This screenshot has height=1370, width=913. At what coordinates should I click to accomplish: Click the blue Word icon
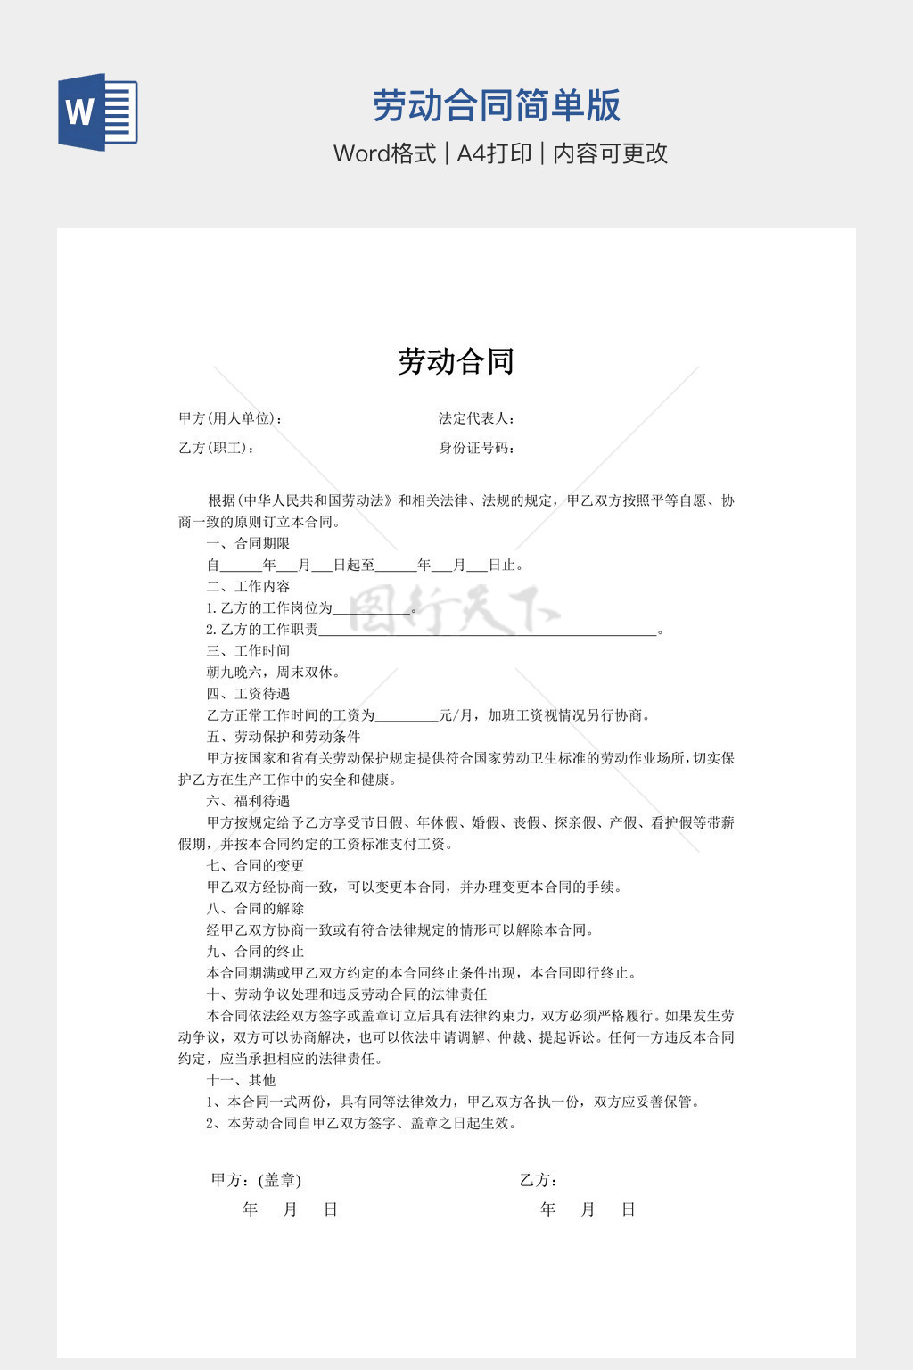point(97,111)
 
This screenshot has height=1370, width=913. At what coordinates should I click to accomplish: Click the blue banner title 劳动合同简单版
point(496,105)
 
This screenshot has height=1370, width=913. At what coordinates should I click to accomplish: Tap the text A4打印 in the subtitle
point(494,153)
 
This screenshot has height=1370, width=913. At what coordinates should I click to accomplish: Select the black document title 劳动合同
point(456,361)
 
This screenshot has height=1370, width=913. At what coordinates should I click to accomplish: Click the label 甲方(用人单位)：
point(231,418)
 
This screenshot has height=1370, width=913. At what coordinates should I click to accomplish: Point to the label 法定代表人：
point(477,418)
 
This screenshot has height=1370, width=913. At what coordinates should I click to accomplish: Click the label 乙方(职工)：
point(217,448)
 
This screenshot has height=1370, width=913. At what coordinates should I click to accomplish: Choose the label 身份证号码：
point(477,448)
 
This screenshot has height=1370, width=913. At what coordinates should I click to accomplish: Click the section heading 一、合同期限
point(248,543)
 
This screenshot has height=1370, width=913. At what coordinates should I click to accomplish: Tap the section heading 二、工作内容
point(248,586)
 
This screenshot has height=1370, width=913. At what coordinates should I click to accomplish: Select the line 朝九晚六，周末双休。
point(274,672)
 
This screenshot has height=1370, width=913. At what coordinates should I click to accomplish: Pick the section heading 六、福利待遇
point(248,801)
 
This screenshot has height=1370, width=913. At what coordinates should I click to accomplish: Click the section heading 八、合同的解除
point(255,908)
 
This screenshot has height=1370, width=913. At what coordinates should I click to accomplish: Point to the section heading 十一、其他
point(241,1080)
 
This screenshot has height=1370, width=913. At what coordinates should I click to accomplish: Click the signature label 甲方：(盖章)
point(256,1180)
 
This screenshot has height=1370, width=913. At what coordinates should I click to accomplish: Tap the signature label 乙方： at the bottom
point(539,1180)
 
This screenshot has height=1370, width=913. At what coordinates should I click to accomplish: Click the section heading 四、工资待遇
point(248,693)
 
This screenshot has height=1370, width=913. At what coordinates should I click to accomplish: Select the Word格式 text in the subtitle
point(384,153)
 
